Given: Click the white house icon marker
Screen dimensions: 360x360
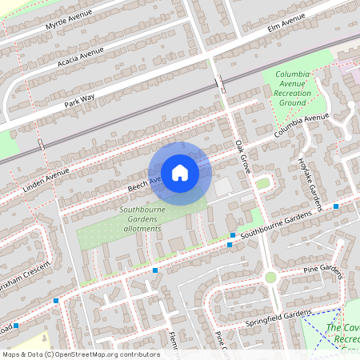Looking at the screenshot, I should pyautogui.click(x=179, y=173).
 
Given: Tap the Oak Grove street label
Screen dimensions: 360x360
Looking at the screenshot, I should pyautogui.click(x=244, y=158).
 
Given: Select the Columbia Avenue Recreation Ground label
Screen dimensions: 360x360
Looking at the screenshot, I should pyautogui.click(x=292, y=88).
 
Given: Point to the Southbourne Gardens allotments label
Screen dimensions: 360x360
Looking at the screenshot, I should pyautogui.click(x=142, y=221).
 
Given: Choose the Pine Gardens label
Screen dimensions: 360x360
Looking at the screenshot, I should pyautogui.click(x=322, y=271).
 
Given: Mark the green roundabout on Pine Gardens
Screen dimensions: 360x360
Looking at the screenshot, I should pyautogui.click(x=270, y=278).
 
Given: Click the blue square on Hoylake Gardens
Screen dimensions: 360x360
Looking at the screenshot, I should pyautogui.click(x=336, y=206).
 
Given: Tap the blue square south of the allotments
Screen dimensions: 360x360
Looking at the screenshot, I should pyautogui.click(x=155, y=271).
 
